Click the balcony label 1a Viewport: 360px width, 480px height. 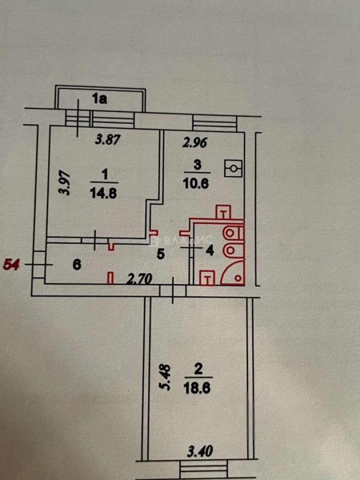100,99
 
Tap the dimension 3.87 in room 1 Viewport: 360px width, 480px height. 108,140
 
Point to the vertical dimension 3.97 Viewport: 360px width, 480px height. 65,184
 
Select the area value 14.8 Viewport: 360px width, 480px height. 104,193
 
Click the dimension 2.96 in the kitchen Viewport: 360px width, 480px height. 195,142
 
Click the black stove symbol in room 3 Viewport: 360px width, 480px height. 233,168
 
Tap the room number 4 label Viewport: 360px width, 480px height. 210,251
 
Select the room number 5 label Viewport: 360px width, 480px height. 161,254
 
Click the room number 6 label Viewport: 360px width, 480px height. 77,264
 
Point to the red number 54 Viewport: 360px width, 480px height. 11,264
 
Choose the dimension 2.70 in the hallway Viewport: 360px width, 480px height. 140,279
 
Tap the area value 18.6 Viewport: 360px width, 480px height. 197,389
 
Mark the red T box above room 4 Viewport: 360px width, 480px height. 224,212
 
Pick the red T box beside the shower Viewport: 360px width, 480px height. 207,278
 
